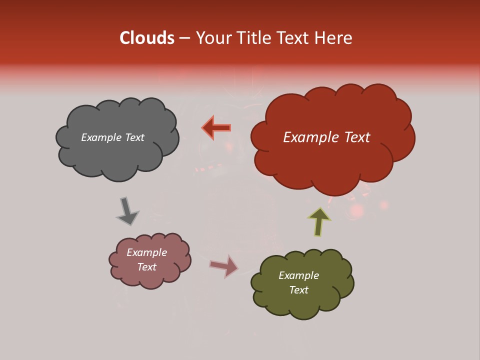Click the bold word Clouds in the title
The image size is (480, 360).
(146, 38)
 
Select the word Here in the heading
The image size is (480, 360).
(334, 38)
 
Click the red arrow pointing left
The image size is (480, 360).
(217, 127)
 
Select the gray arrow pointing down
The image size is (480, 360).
(127, 210)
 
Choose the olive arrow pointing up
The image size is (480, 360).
(319, 221)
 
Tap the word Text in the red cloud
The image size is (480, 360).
(354, 137)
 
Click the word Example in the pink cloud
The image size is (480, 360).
(146, 252)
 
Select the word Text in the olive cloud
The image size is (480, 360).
(298, 290)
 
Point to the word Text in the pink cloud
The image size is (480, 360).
(146, 267)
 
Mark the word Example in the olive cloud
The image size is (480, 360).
(298, 275)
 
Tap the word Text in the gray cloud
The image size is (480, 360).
(134, 137)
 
